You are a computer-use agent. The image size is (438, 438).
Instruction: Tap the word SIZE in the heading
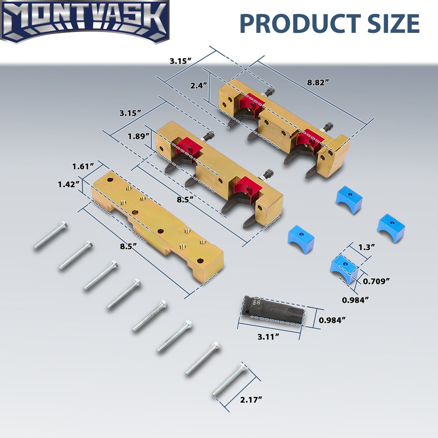coord(389,23)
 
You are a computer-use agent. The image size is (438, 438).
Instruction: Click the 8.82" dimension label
coord(318,82)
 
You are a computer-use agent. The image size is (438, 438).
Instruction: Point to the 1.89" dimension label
coord(138,136)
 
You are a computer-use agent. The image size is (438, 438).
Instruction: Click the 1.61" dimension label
coord(83,166)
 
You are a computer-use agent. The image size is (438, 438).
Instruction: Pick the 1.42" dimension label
coord(69,184)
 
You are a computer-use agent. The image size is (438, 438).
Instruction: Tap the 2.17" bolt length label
coord(251,400)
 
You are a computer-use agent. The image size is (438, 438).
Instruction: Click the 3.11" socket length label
coord(268,337)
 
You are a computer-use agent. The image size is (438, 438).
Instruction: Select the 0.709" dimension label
coord(376,281)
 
